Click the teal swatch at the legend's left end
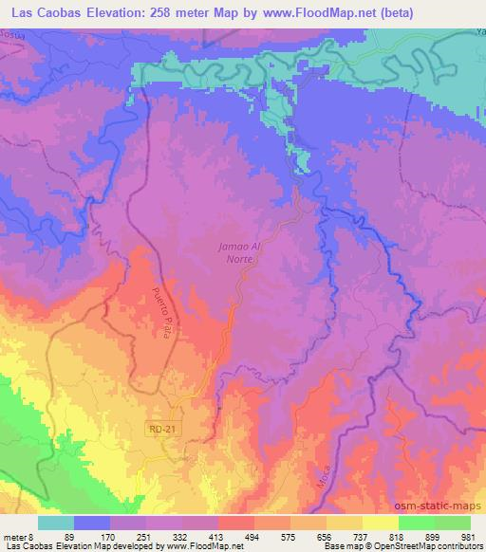[x=56, y=523]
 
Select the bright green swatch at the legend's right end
[x=452, y=523]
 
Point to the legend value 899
[x=431, y=536]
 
